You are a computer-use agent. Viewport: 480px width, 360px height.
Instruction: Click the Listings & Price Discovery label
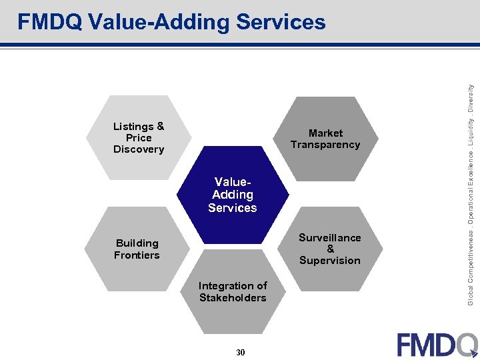point(139,138)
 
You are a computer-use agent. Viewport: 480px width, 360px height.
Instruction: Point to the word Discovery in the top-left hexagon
point(139,149)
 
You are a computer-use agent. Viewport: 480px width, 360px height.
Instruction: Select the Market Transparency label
point(325,139)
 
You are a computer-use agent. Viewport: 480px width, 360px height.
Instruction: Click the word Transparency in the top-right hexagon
point(325,145)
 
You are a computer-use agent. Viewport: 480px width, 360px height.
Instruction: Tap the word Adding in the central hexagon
point(233,195)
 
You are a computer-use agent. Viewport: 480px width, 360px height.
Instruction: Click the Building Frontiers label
point(137,249)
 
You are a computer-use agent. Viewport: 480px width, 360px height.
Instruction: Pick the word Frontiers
point(137,255)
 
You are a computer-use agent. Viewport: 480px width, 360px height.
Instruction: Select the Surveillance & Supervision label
point(330,249)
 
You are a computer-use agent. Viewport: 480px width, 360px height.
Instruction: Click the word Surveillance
point(330,237)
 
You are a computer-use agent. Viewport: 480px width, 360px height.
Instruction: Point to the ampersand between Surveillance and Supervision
point(330,249)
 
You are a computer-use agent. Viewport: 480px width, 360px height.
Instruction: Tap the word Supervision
point(330,261)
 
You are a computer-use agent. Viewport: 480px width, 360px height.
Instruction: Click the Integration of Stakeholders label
point(233,292)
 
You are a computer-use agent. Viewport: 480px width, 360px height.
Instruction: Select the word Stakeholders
point(233,298)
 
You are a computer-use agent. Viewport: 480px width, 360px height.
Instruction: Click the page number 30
point(240,352)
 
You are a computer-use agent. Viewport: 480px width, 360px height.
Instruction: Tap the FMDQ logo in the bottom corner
point(437,344)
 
